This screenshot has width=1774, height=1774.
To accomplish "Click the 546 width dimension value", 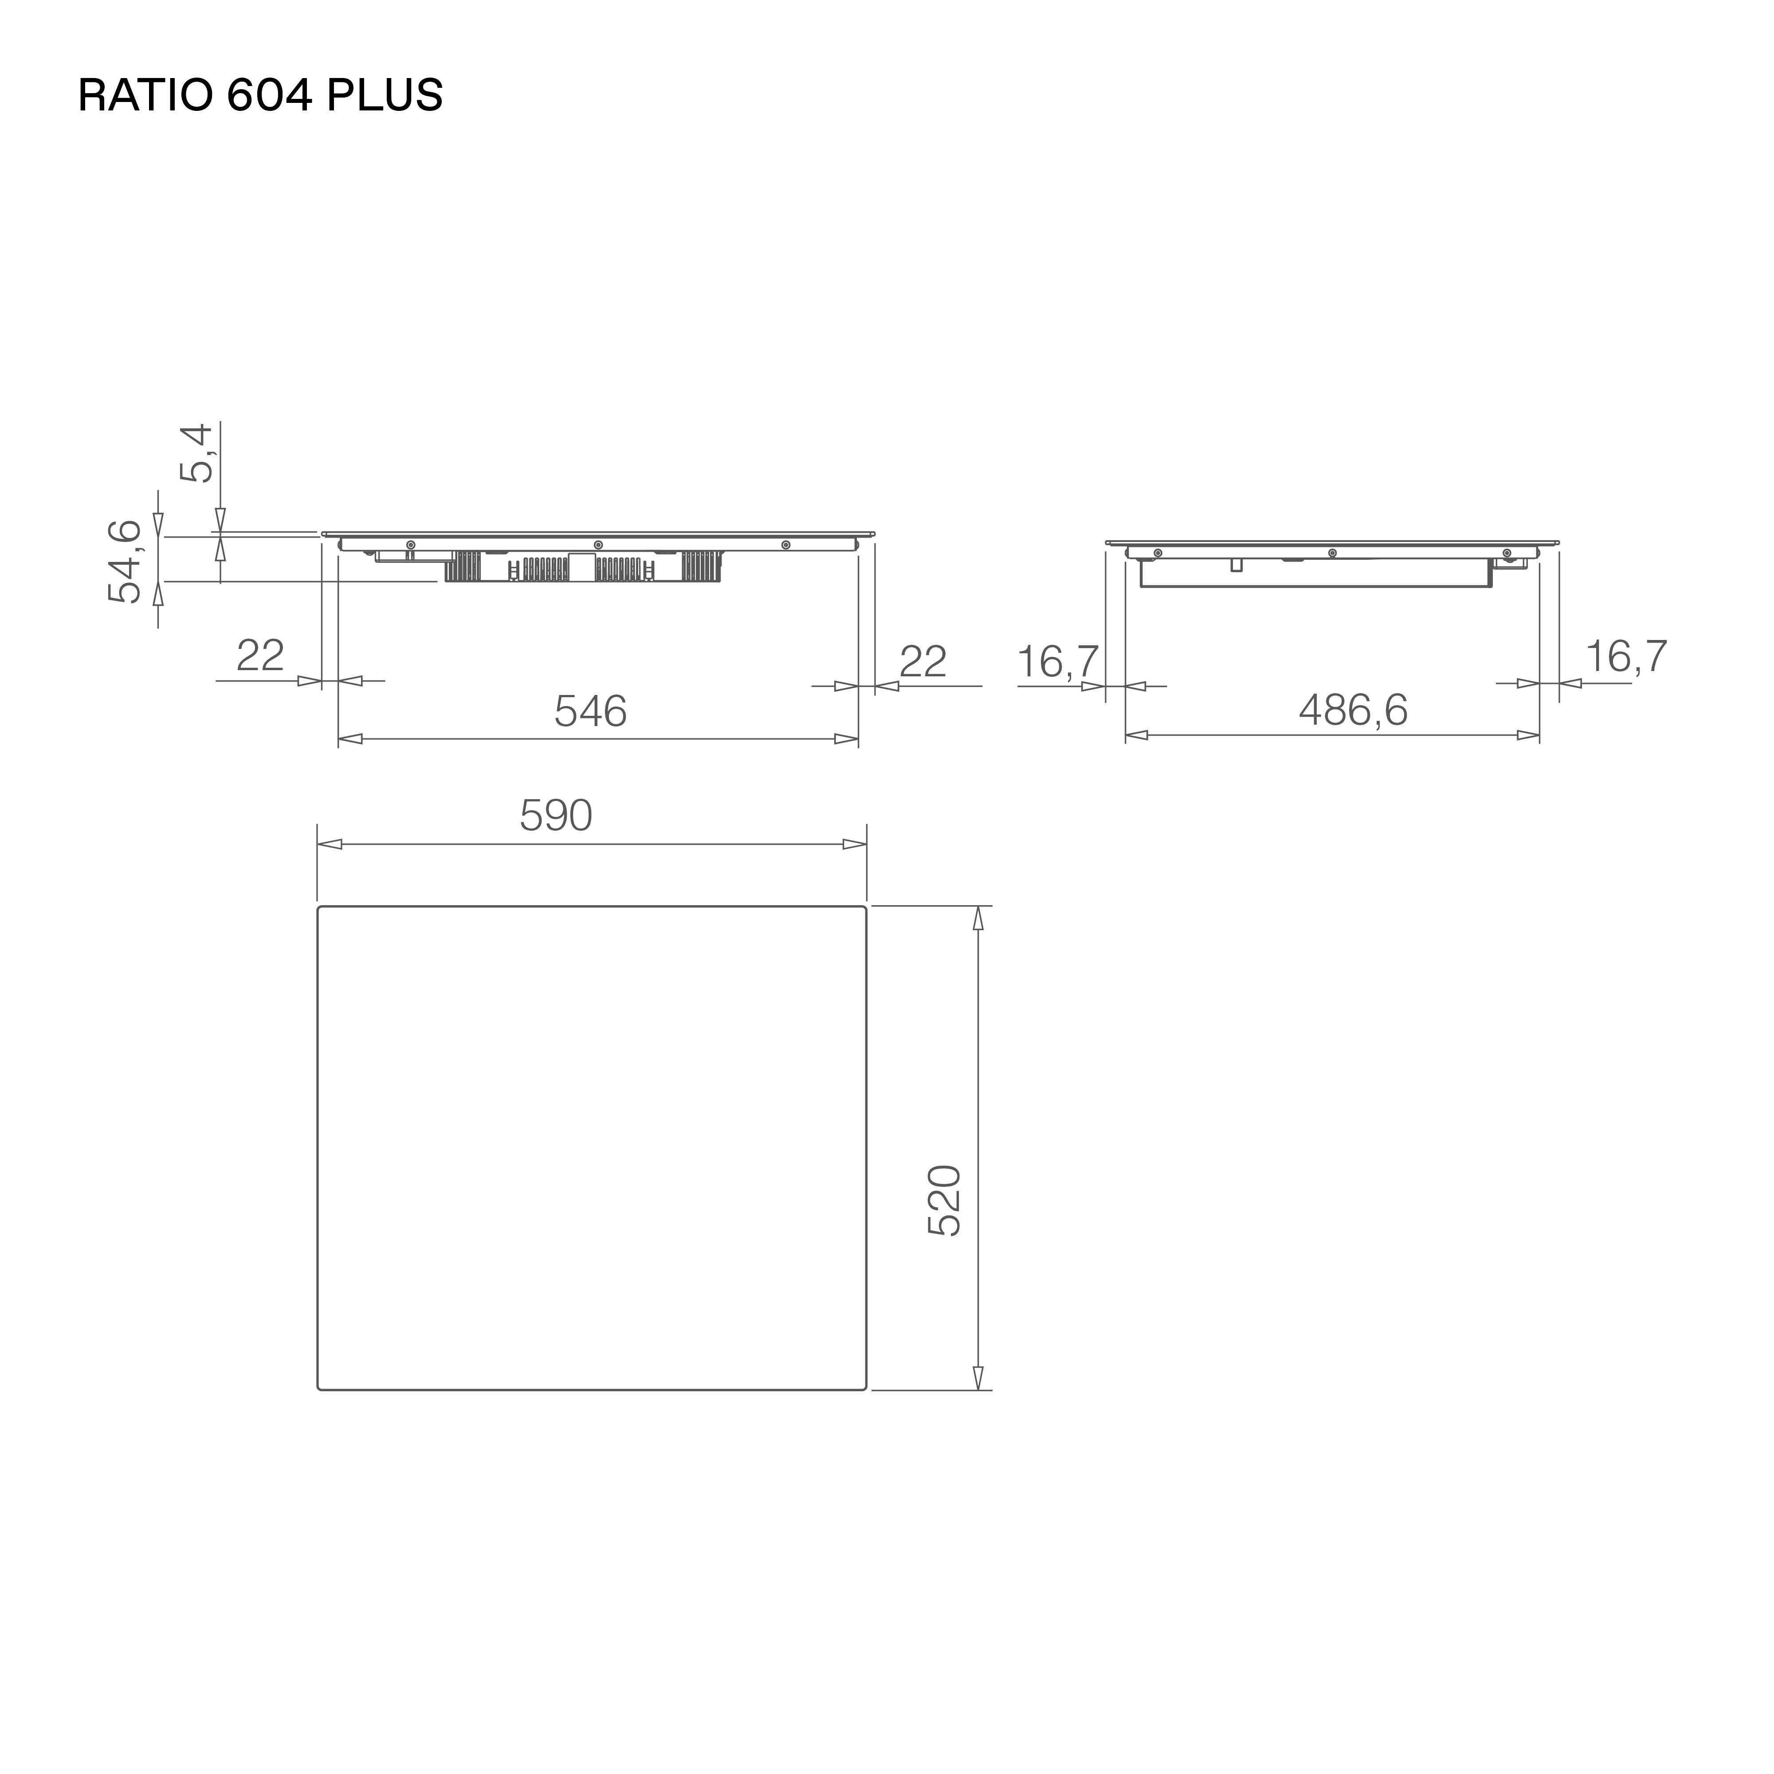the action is (590, 710).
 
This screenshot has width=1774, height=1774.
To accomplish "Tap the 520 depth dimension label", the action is (944, 1201).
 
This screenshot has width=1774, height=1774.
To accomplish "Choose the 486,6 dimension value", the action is (1353, 710).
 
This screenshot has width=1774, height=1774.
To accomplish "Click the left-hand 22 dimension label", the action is (260, 655).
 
